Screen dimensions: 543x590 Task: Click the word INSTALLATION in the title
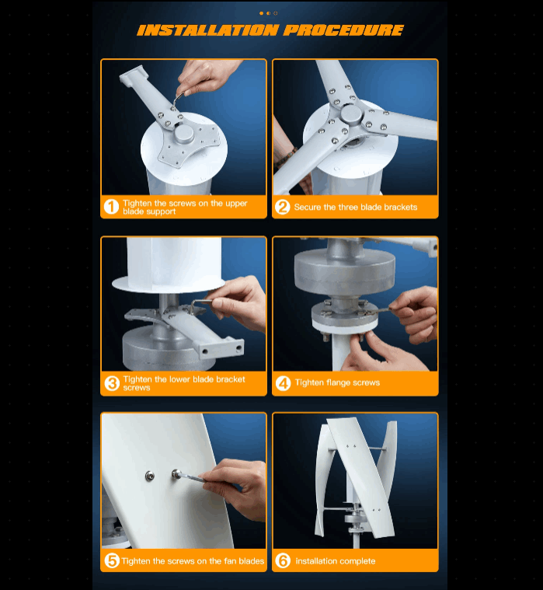tap(208, 30)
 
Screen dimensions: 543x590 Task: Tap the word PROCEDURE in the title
tap(343, 30)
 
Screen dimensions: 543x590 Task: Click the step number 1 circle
tap(111, 207)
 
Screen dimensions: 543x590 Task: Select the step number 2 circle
tap(283, 207)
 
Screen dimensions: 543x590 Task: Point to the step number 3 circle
tap(112, 383)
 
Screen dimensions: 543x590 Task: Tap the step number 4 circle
tap(283, 383)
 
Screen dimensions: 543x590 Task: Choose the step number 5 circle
tap(112, 560)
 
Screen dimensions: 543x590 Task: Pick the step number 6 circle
tap(283, 560)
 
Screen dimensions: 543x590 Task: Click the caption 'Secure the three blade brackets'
tap(355, 207)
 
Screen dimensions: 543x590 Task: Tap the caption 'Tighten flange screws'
tap(337, 382)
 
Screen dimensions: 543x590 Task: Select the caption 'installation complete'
tap(336, 561)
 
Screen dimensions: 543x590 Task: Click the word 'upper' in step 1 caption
tap(236, 204)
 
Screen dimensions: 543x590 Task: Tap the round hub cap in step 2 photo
tap(351, 113)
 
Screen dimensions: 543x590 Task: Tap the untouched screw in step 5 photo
tap(150, 477)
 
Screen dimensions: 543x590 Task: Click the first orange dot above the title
tap(261, 13)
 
